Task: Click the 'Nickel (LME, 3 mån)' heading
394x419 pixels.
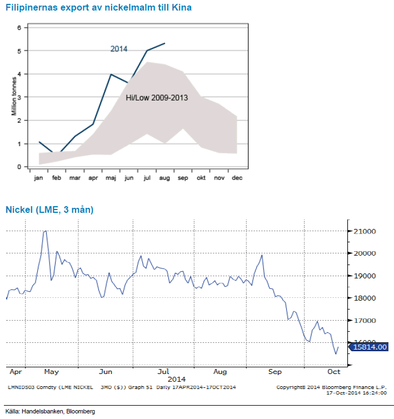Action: pos(49,209)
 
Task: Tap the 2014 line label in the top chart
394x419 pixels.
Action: pos(119,49)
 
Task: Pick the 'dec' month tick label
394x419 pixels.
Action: pos(237,178)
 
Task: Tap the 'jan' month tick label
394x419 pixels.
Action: pos(39,178)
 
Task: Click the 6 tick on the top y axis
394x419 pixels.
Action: pos(19,28)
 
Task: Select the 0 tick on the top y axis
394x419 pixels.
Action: pos(19,167)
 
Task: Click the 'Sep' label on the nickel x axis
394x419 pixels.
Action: pos(275,371)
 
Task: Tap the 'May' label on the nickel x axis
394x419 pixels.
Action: pos(51,371)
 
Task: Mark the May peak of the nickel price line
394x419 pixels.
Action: pos(46,230)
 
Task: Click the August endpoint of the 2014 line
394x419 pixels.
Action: pos(165,43)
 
